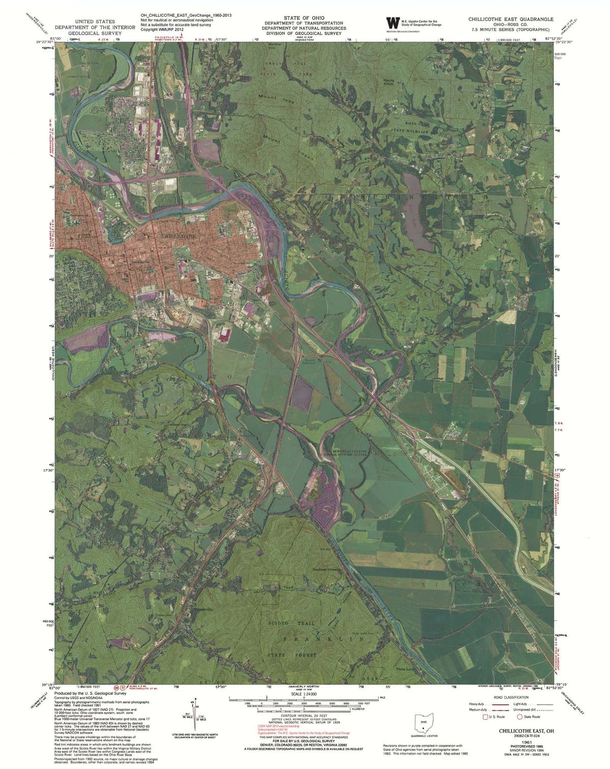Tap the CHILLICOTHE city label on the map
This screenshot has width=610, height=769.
[178, 236]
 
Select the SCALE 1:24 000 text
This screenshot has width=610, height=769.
[303, 694]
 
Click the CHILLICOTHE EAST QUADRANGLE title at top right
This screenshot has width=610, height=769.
[511, 19]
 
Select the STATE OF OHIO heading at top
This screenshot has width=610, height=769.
[303, 18]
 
